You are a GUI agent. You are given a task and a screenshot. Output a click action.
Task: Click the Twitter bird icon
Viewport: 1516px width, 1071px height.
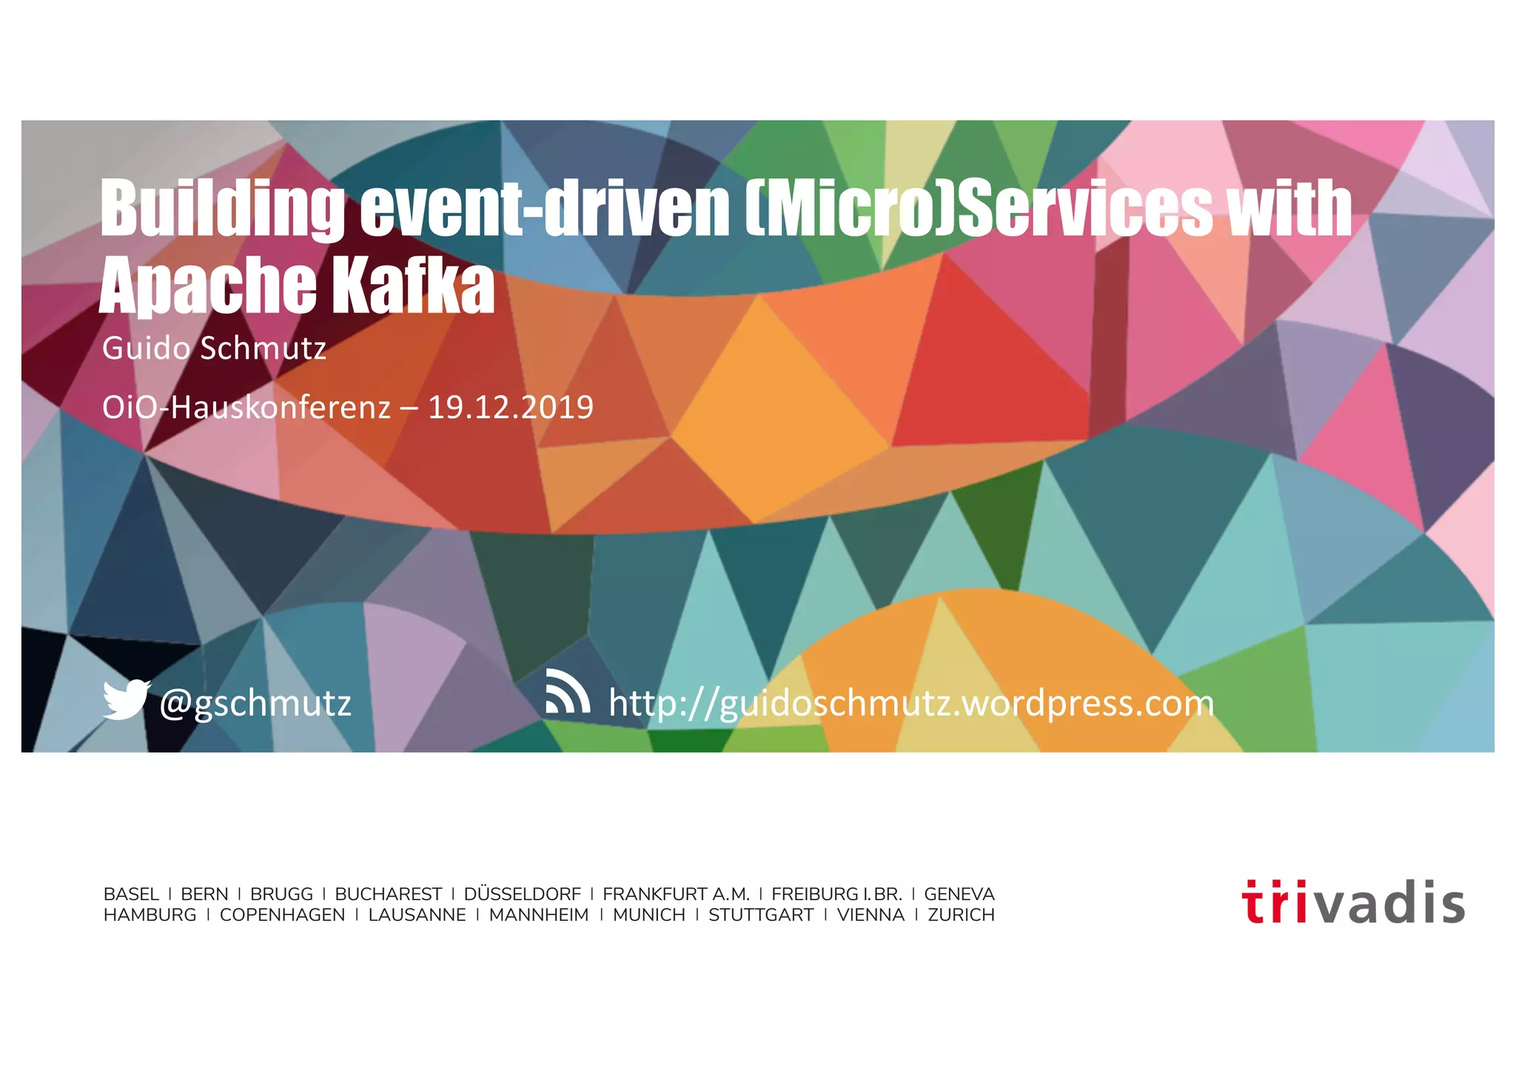click(126, 699)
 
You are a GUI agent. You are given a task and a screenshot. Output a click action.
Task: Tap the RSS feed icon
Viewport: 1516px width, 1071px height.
click(567, 691)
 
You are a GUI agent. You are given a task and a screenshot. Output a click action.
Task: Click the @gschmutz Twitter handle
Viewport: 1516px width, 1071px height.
click(255, 703)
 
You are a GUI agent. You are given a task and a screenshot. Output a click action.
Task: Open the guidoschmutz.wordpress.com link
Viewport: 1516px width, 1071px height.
click(910, 703)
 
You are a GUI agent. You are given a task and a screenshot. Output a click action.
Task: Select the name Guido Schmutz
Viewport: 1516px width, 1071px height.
click(214, 349)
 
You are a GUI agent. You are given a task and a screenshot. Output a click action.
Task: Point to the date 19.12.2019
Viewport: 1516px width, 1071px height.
click(511, 408)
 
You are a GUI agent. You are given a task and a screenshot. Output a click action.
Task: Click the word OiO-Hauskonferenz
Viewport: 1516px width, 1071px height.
click(246, 408)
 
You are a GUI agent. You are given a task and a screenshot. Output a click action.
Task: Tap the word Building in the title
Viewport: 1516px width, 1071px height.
click(222, 209)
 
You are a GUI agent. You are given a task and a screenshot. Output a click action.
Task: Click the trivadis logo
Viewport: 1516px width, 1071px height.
click(1353, 902)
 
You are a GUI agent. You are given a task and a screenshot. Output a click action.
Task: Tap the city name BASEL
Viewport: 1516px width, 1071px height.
click(131, 894)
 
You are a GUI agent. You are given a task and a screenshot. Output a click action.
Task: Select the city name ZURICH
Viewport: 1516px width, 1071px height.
click(961, 915)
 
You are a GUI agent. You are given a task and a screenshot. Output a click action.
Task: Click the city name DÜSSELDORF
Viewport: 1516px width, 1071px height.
click(522, 894)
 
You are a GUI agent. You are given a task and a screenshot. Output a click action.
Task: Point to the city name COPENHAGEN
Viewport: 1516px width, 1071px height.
click(282, 915)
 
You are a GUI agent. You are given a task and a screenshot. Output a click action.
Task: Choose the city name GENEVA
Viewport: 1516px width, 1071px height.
click(959, 894)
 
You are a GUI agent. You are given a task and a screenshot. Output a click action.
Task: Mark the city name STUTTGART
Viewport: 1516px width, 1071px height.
click(760, 915)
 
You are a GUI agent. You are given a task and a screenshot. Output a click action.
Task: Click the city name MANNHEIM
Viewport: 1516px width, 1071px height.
click(538, 915)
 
